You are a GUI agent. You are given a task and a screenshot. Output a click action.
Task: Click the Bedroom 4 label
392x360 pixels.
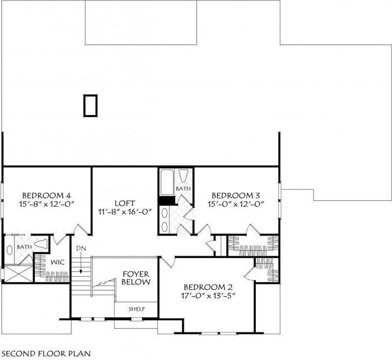coord(47,195)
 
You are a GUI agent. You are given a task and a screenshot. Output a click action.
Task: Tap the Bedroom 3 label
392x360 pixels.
coord(236,195)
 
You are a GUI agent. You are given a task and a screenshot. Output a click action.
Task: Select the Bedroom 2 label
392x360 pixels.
coord(208,286)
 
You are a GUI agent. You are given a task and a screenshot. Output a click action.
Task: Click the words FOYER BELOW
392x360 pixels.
coord(136,277)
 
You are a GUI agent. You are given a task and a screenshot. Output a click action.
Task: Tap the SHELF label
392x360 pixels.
coord(136,309)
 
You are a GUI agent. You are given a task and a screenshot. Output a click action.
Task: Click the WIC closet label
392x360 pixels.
coord(57,263)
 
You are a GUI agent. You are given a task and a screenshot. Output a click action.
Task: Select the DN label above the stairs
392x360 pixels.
coord(81,248)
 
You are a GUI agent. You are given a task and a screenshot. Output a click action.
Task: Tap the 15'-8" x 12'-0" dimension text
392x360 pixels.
coord(47,203)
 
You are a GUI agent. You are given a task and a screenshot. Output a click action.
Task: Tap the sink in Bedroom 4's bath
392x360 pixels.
coord(10,249)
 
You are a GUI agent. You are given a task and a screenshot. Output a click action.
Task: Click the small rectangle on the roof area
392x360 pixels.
coord(90,105)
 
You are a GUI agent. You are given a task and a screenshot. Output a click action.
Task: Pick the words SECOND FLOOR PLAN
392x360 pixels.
coord(46,353)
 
